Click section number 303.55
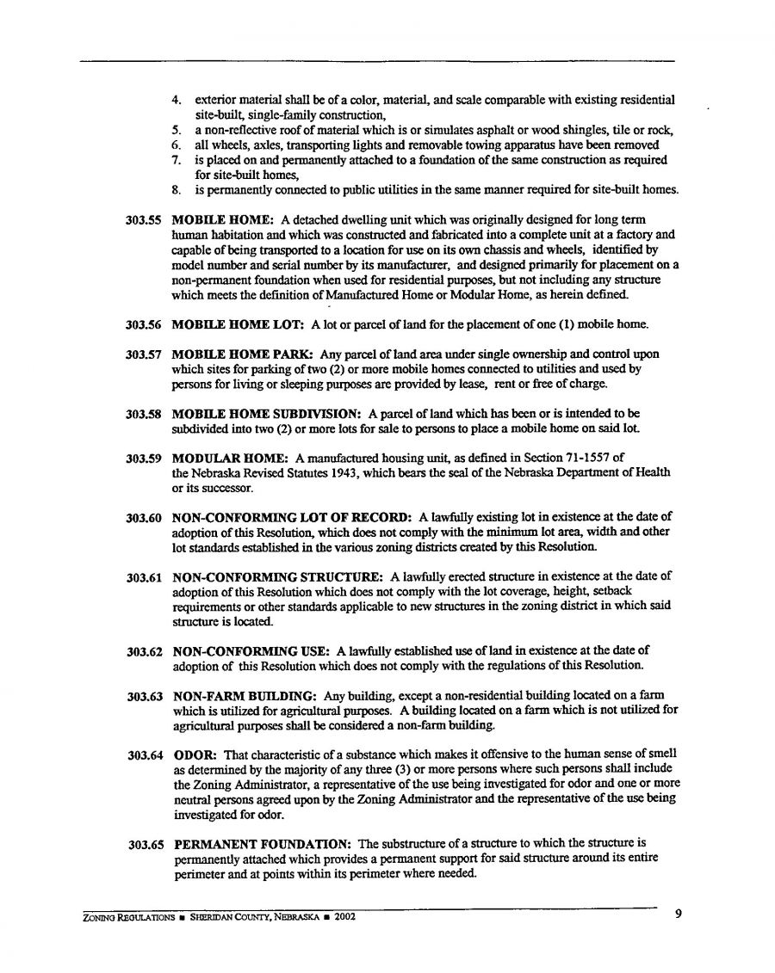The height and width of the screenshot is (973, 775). pyautogui.click(x=145, y=220)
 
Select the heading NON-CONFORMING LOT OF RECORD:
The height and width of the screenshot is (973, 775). pyautogui.click(x=292, y=518)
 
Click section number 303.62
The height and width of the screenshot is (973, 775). pyautogui.click(x=145, y=650)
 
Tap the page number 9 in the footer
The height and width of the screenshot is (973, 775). pyautogui.click(x=679, y=914)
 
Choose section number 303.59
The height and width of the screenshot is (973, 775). pyautogui.click(x=145, y=459)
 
